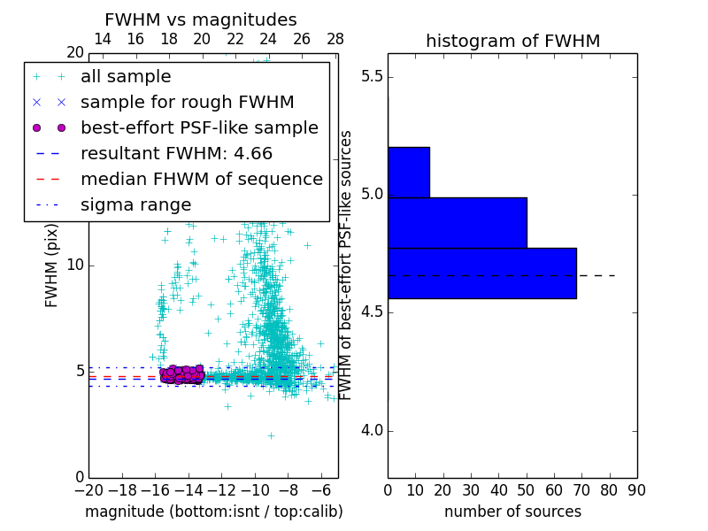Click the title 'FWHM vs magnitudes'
tap(201, 20)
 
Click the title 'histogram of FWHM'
tap(512, 41)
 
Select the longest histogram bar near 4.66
tap(481, 273)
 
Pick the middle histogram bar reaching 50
tap(457, 222)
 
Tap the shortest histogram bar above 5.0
tap(408, 172)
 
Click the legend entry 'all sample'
tap(126, 77)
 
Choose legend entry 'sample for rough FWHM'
tap(187, 102)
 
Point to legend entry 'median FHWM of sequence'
tap(201, 179)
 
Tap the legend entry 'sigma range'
tap(135, 204)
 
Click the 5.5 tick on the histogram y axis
tap(372, 77)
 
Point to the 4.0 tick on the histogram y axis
tap(372, 431)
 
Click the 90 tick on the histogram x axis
tap(637, 489)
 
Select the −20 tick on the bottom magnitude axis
tap(88, 489)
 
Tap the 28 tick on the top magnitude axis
tap(335, 39)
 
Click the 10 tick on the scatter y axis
tap(75, 265)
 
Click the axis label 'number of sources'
tap(512, 512)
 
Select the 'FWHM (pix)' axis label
tap(52, 265)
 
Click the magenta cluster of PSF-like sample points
tap(182, 374)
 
